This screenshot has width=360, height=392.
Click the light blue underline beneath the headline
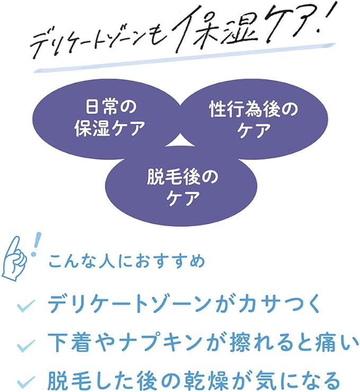[185, 58]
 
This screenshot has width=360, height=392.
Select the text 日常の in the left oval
[111, 107]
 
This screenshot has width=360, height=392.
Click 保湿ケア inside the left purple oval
[110, 128]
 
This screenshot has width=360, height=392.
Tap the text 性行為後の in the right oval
[253, 110]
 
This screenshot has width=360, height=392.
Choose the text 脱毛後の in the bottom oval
[182, 176]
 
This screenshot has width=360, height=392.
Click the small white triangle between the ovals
[179, 141]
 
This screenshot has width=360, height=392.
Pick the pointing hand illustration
[15, 257]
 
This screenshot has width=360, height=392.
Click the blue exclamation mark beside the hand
[36, 244]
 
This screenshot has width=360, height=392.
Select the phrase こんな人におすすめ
[127, 261]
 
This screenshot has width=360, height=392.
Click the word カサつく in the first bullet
[279, 304]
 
